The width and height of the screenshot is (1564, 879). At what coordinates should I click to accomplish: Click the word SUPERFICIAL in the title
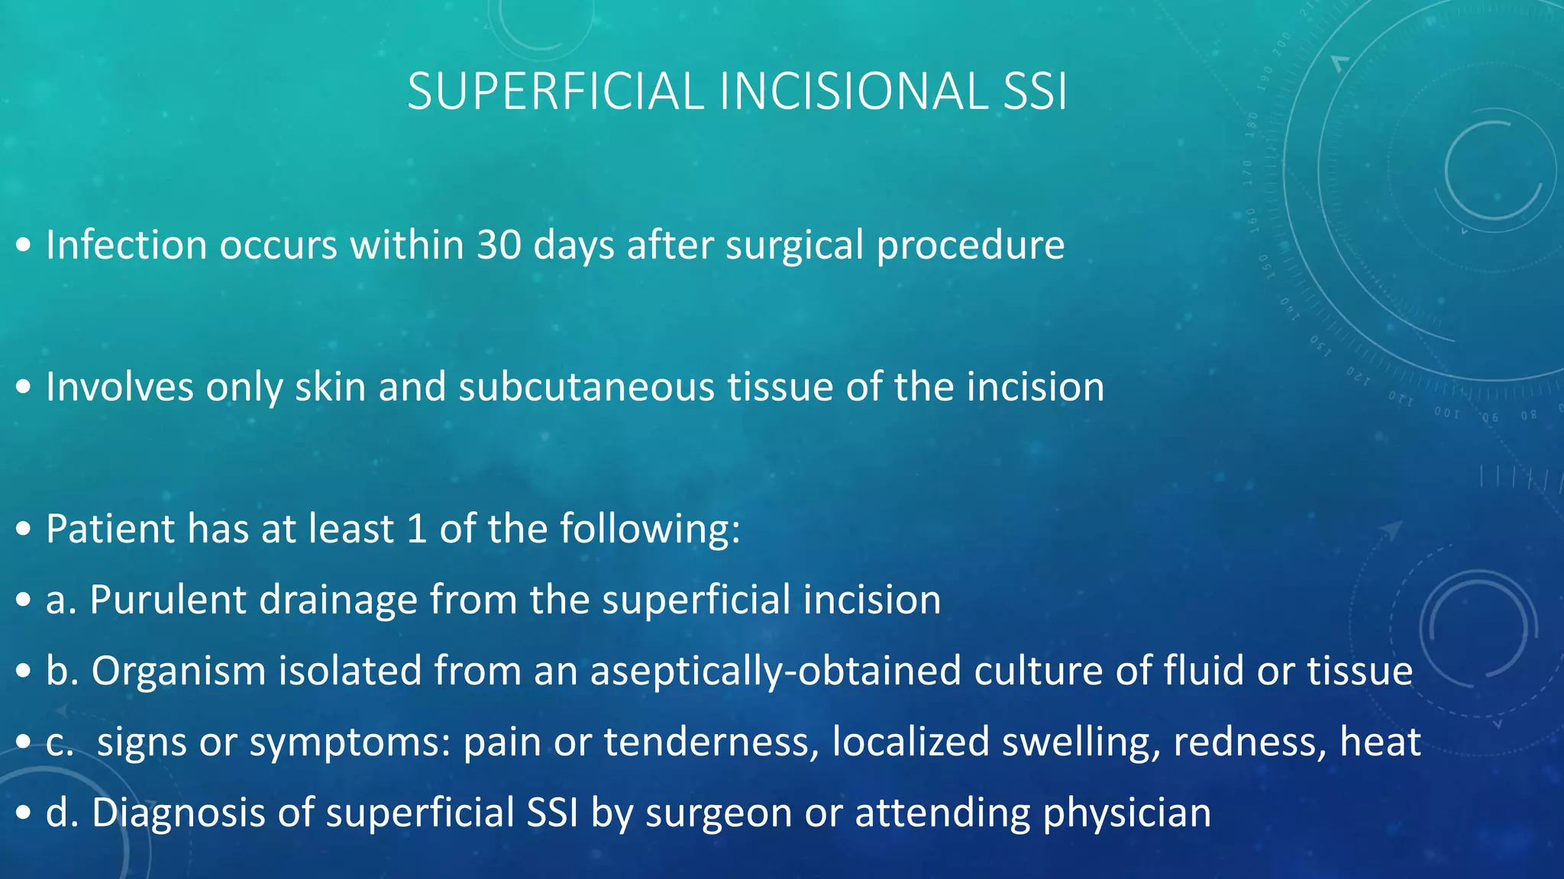[x=555, y=92]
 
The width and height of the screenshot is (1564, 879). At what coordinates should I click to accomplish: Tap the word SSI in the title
[x=1035, y=92]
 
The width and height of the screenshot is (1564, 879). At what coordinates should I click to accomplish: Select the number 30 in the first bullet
[x=499, y=245]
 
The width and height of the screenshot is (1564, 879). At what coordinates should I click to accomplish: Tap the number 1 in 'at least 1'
[x=416, y=529]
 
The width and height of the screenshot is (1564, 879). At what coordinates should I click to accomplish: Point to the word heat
[x=1381, y=742]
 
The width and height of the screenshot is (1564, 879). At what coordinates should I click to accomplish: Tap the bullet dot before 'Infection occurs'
[x=24, y=246]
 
